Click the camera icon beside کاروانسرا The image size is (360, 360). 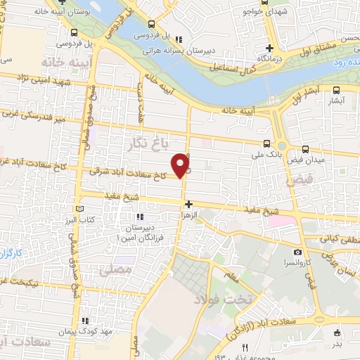click(297, 252)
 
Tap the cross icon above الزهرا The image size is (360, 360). click(188, 204)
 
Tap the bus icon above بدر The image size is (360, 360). click(338, 333)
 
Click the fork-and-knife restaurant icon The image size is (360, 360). click(245, 347)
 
